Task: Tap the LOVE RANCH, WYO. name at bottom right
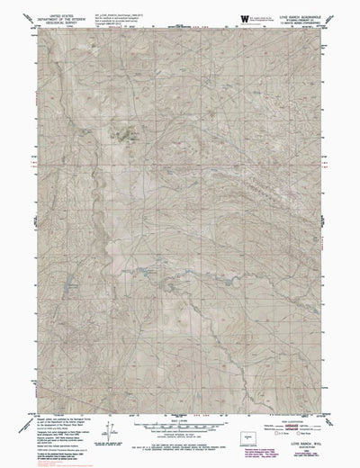(x=298, y=443)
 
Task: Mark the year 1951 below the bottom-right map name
(x=298, y=448)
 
